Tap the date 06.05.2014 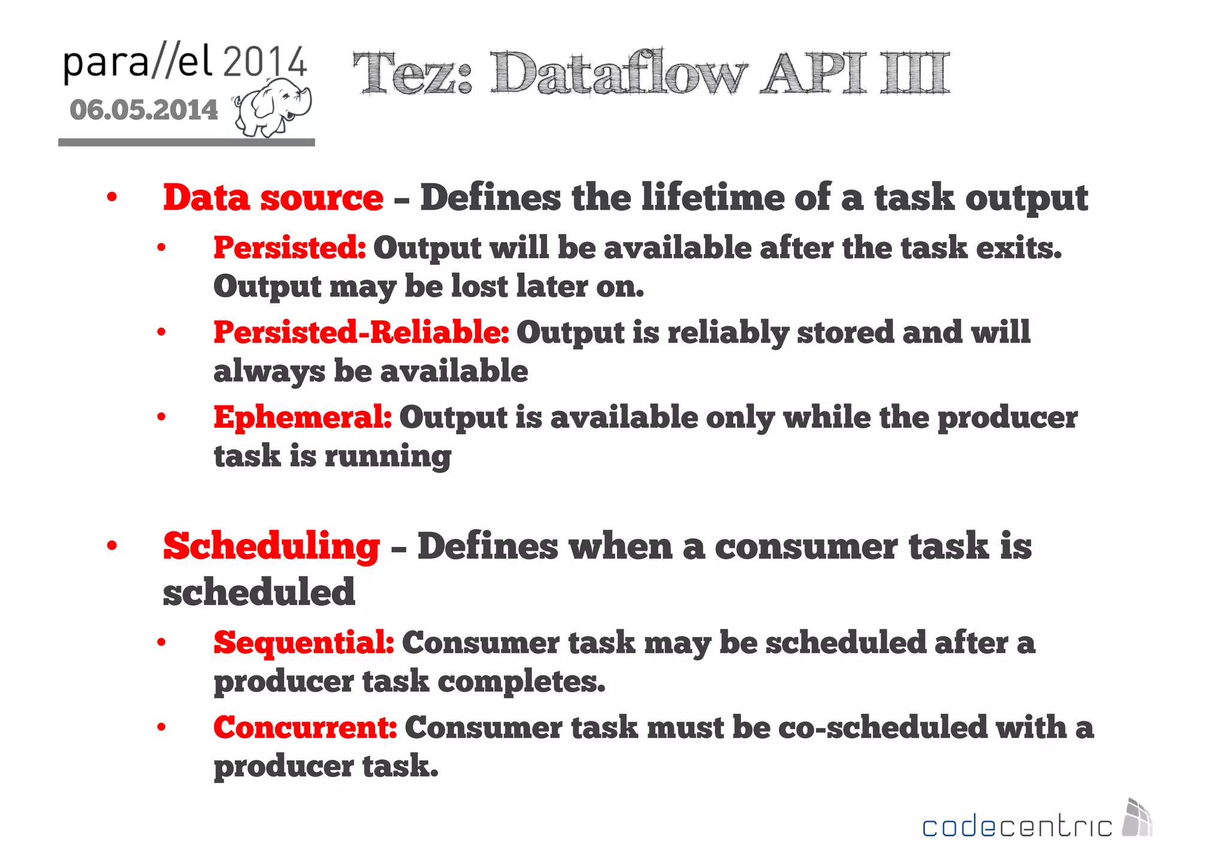click(144, 110)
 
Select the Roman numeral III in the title click(915, 74)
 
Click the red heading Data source click(273, 198)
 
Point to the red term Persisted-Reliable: click(361, 333)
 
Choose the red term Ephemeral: click(303, 417)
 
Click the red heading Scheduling click(271, 546)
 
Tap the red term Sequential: click(304, 643)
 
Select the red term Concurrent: click(305, 727)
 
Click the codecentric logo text click(1017, 827)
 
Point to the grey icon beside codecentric click(1137, 818)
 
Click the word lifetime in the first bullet click(712, 198)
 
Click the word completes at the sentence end click(521, 682)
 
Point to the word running click(388, 457)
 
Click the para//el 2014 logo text click(185, 63)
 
